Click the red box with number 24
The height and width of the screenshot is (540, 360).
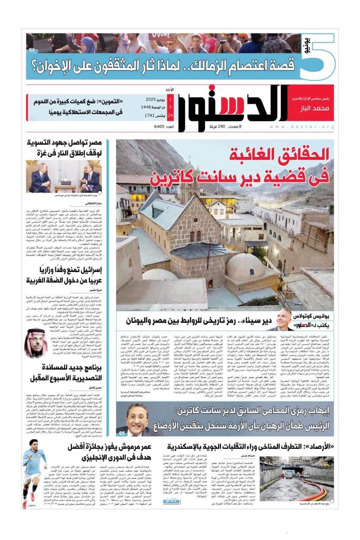coord(170,115)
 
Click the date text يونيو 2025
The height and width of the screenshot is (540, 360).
coord(154,100)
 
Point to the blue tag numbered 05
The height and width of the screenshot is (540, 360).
coord(122,433)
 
